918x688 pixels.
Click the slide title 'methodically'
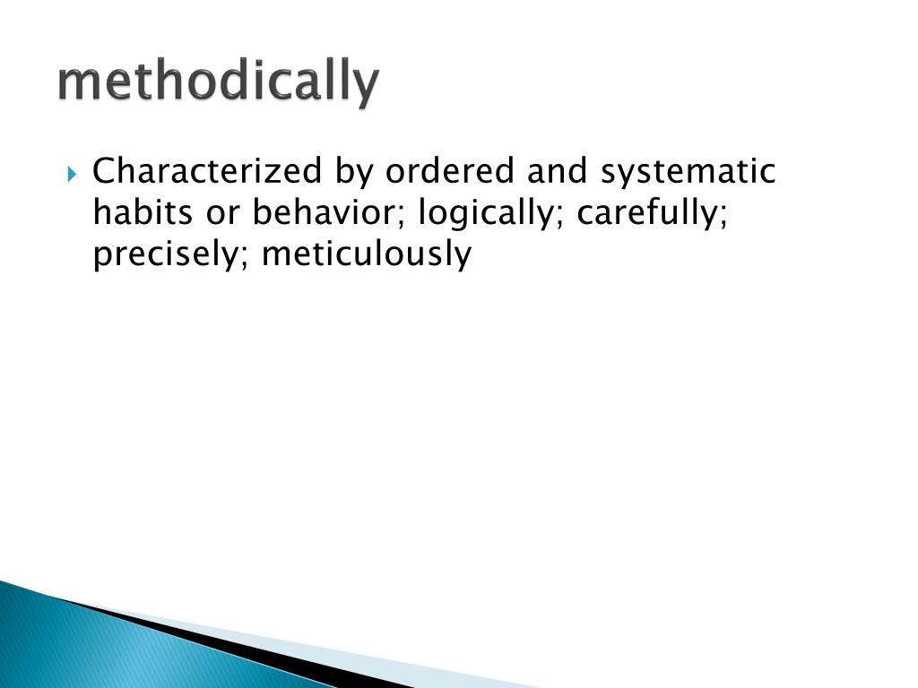point(218,83)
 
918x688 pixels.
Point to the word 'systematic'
point(688,170)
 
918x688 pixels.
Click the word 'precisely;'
point(169,255)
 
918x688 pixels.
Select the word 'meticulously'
point(366,255)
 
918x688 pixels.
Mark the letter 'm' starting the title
point(76,83)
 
